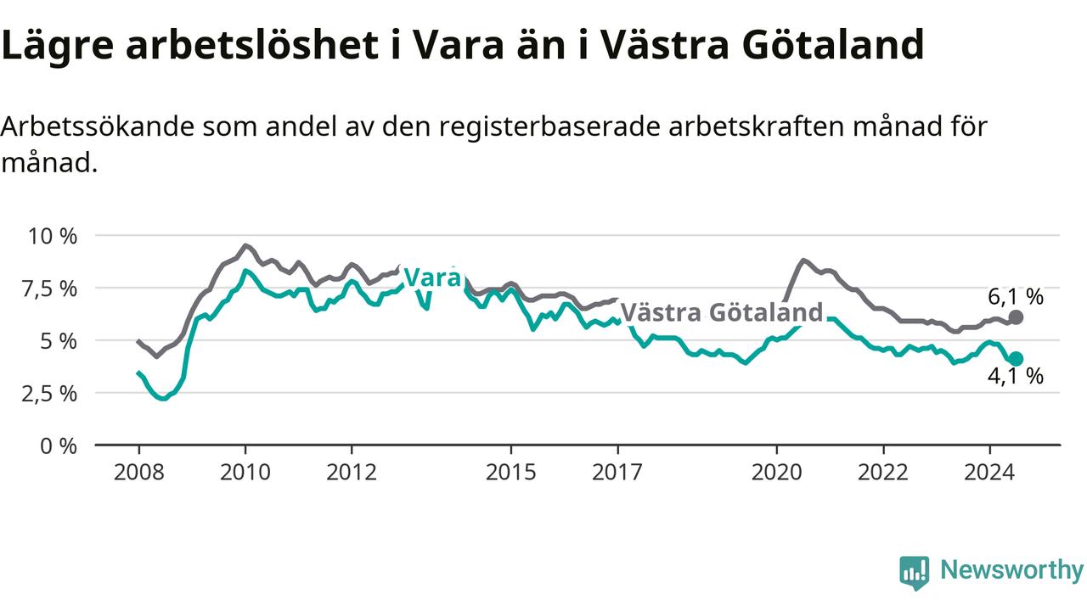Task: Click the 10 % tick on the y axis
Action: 53,237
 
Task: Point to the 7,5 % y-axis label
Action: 49,289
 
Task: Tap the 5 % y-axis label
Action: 59,341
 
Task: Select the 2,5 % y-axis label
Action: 49,394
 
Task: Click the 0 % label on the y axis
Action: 59,446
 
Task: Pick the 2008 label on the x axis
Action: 138,473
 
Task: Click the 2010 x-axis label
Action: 245,473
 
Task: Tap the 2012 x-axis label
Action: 352,473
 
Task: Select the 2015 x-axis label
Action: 511,473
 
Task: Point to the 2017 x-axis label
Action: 617,473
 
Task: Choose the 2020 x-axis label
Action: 777,473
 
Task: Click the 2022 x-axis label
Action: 883,473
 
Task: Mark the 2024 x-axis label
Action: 989,473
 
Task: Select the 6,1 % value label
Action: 1016,297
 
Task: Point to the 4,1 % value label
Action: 1016,376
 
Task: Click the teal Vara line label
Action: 432,277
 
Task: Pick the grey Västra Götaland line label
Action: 722,312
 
